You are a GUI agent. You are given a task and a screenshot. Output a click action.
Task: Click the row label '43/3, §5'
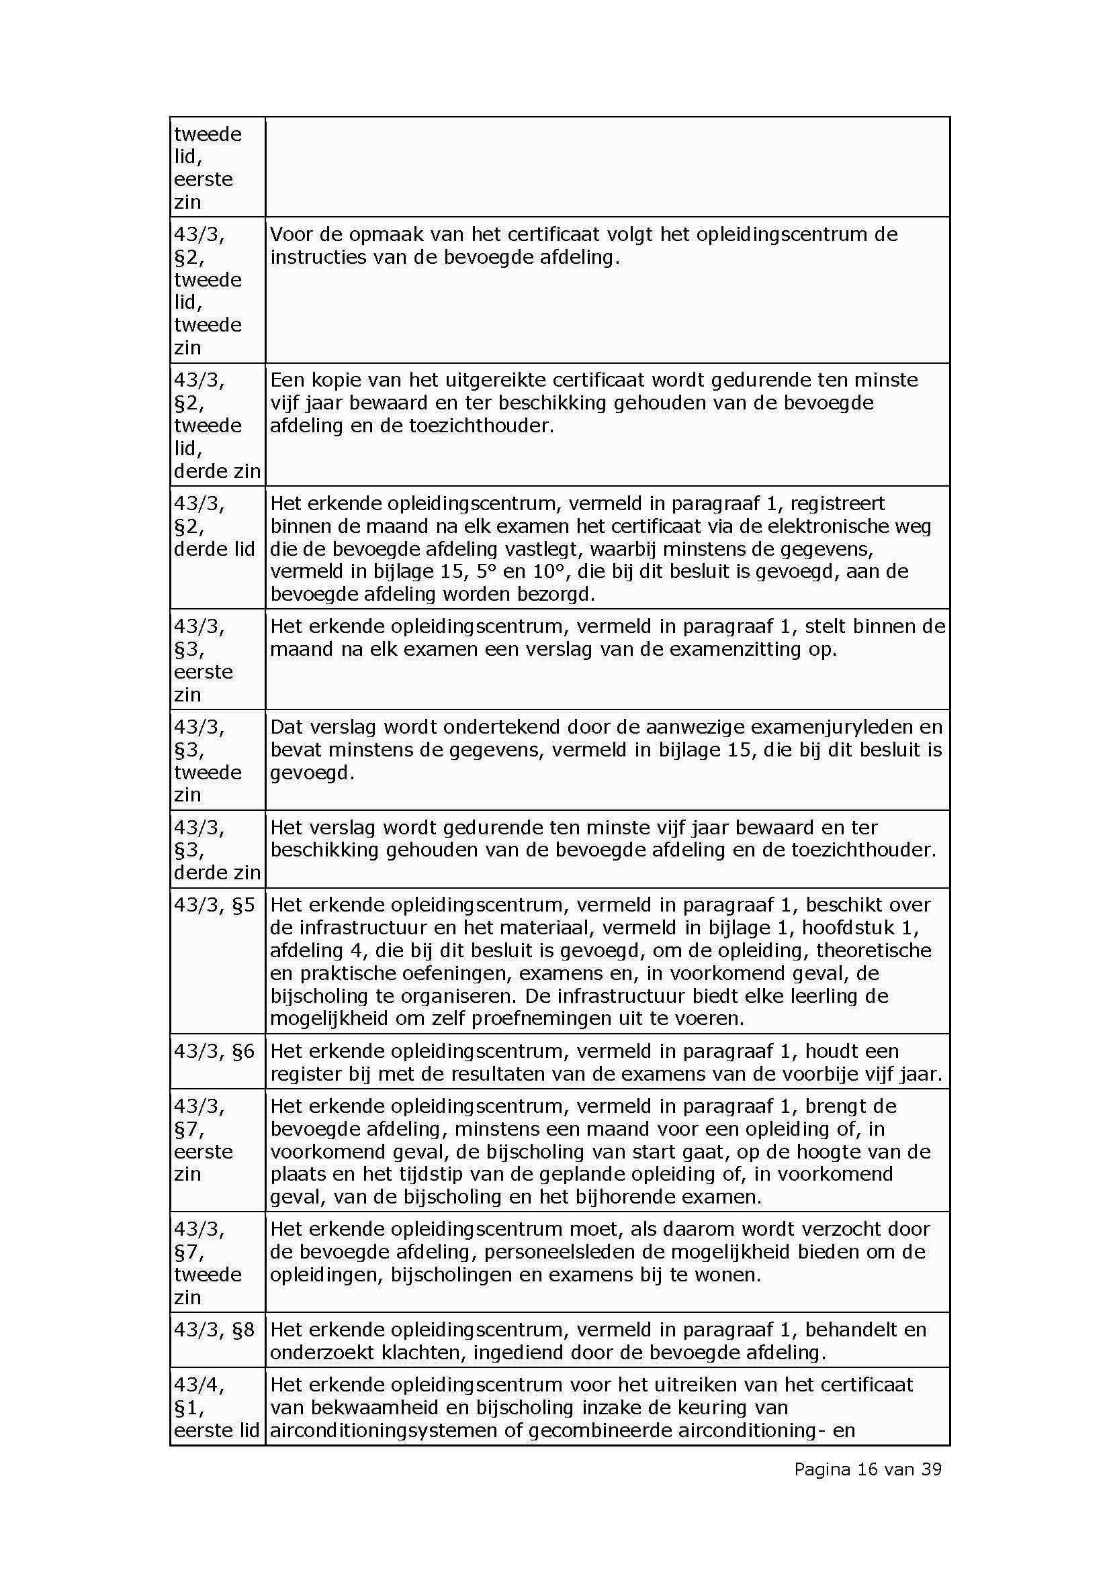pos(214,905)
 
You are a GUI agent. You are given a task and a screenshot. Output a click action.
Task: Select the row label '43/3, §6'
pos(214,1051)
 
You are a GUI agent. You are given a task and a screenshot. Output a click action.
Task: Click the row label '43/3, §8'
pos(214,1330)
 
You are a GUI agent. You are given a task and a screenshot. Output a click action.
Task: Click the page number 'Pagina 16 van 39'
pos(867,1469)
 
